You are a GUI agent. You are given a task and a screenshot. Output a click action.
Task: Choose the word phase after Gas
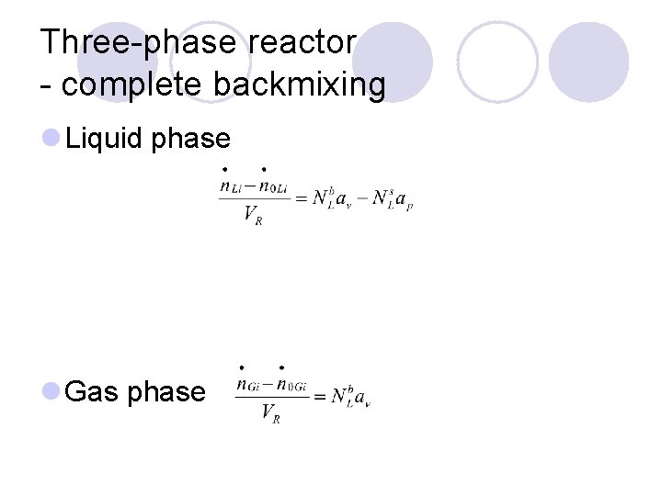166,392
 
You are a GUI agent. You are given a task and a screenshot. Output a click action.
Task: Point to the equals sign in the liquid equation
300,197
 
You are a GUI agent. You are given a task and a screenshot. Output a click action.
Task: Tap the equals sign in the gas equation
319,397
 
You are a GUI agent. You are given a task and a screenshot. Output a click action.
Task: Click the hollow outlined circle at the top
496,61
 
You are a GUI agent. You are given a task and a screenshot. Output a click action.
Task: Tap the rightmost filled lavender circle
588,61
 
